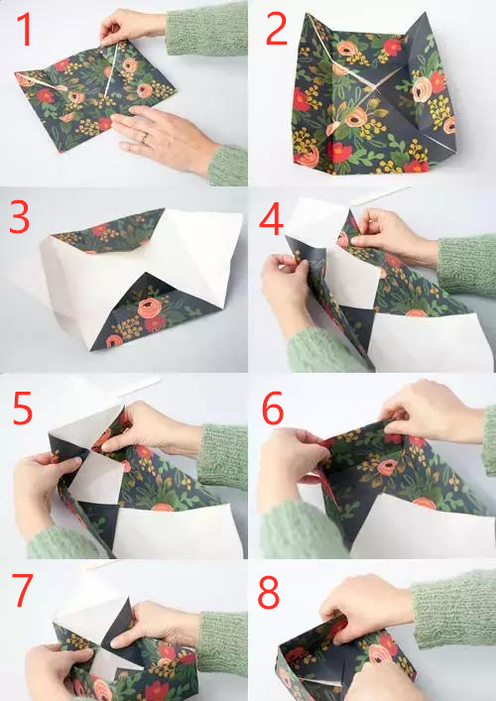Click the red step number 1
[x=25, y=29]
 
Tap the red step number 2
[x=276, y=29]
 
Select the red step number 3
[x=19, y=217]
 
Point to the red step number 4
[x=272, y=218]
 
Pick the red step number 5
[x=23, y=409]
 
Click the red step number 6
[x=273, y=408]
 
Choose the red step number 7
[x=23, y=591]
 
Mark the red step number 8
[x=269, y=593]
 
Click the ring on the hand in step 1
[x=144, y=138]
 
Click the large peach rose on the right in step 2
[x=422, y=89]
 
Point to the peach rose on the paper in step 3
[x=150, y=307]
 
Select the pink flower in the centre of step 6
[x=387, y=468]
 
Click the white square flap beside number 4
[x=316, y=222]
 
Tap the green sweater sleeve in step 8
[x=452, y=609]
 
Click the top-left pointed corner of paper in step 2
[x=308, y=14]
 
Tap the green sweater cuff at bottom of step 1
[x=227, y=166]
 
